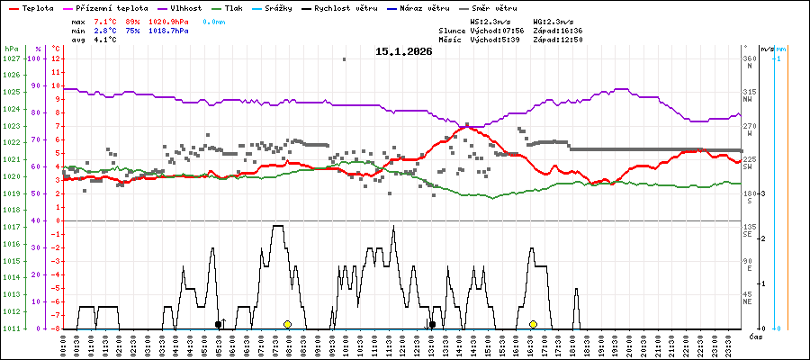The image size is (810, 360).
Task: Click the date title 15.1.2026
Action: pos(404,51)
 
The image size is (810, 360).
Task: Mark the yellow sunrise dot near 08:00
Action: pos(287,324)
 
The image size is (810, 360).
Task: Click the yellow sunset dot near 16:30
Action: pos(533,324)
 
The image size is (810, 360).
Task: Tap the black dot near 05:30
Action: pos(218,324)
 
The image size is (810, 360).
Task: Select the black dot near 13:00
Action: pos(432,324)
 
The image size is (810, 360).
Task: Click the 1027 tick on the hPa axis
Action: pos(12,58)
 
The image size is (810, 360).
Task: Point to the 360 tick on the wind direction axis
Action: pos(748,58)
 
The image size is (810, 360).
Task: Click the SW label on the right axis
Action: pos(747,167)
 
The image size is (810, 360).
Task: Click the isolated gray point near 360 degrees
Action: pos(344,59)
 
